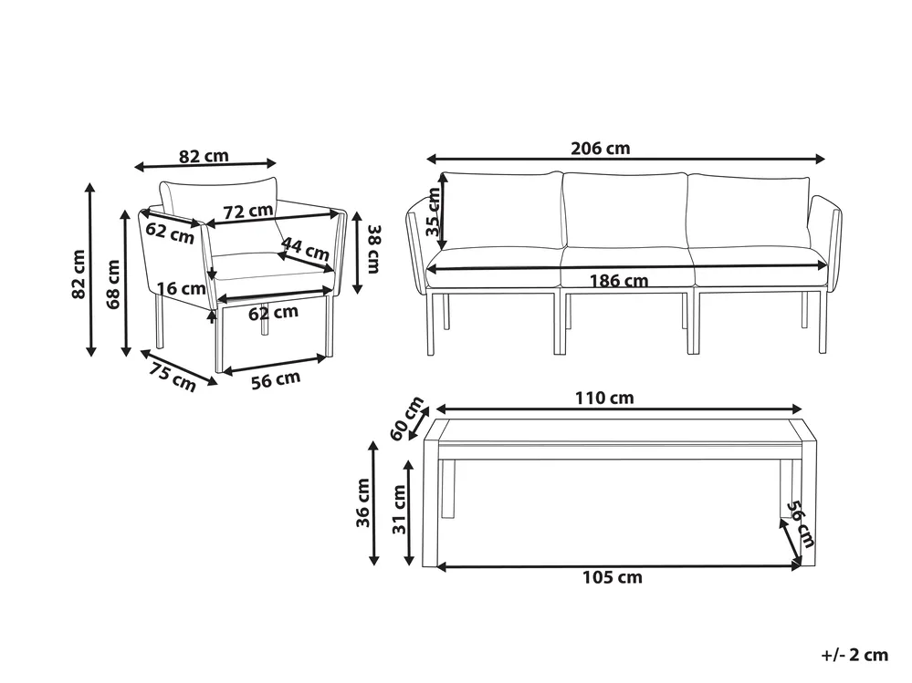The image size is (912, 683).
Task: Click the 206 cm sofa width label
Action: [601, 149]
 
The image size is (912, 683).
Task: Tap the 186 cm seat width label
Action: [619, 281]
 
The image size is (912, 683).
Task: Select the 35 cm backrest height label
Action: [434, 212]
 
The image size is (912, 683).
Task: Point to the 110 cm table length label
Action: [604, 398]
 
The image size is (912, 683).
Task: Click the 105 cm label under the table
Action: [613, 577]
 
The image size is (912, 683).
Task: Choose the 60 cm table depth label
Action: [406, 419]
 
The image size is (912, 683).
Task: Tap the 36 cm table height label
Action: [363, 502]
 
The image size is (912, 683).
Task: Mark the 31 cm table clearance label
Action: [399, 510]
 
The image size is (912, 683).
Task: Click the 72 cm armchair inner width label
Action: [248, 212]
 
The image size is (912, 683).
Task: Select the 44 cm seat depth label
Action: [305, 249]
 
